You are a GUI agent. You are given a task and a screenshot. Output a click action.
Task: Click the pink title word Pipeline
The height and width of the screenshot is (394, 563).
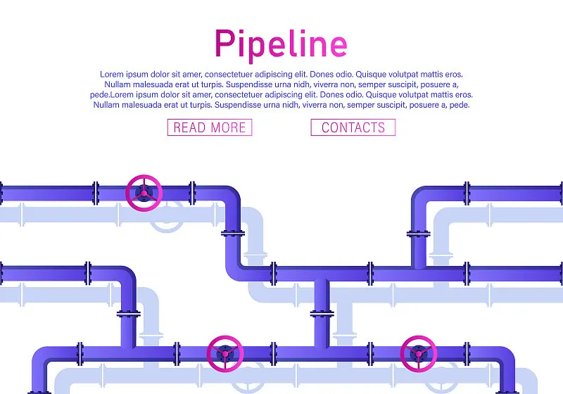281,44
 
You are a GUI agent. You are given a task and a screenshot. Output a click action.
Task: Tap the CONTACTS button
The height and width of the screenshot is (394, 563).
353,127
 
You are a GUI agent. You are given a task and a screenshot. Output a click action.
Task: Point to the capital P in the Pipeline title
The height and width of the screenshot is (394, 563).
224,43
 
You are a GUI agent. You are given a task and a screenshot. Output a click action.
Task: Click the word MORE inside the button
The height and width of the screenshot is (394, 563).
228,128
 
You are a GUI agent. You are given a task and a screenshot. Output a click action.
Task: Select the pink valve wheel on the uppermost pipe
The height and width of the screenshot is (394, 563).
144,193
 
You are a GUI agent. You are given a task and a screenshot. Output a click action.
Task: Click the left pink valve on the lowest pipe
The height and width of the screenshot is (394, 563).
225,354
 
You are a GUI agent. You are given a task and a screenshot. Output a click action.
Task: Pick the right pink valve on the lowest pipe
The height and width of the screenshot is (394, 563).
419,354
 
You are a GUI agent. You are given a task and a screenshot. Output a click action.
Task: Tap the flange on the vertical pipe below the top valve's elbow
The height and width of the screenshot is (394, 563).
233,234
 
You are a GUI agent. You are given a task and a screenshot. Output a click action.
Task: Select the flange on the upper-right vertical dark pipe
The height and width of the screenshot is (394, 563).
419,234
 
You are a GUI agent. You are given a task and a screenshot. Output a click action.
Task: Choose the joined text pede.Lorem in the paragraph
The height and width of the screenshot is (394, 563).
107,95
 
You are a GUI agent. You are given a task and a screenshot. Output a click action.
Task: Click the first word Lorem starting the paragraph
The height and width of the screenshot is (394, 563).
112,75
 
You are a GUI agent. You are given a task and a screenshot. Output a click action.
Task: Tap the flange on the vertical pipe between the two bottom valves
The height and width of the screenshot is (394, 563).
322,314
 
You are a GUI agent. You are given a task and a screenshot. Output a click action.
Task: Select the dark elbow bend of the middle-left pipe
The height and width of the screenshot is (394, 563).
128,275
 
